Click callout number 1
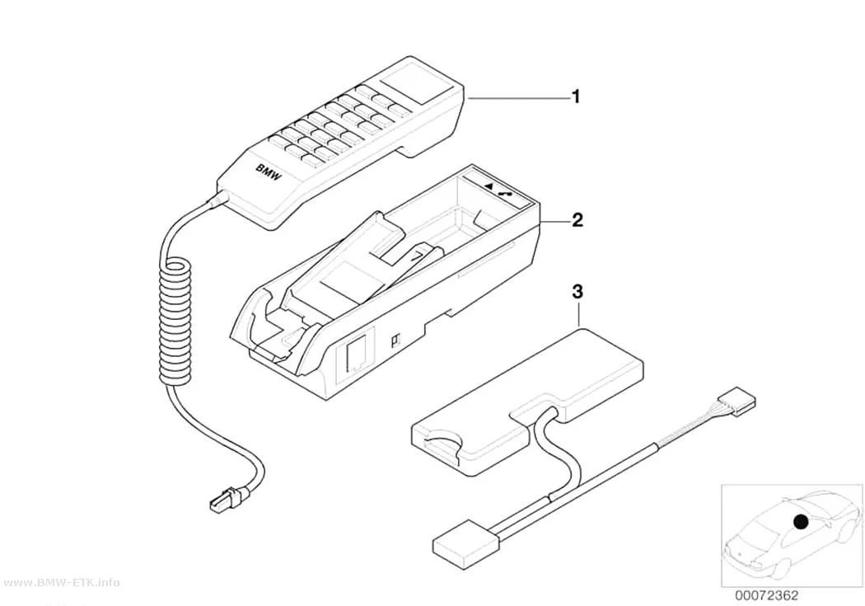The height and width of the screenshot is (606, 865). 576,97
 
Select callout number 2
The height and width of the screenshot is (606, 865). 577,221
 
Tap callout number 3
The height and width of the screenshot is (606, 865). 577,292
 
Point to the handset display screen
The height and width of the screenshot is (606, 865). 409,82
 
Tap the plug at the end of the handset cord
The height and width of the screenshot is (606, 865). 227,498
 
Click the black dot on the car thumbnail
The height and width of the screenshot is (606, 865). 800,521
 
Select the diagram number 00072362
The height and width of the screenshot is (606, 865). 766,595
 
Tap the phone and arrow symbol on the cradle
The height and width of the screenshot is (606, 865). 498,187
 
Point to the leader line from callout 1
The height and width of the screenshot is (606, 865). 518,97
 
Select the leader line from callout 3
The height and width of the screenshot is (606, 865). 578,313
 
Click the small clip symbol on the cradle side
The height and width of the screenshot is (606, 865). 395,341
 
